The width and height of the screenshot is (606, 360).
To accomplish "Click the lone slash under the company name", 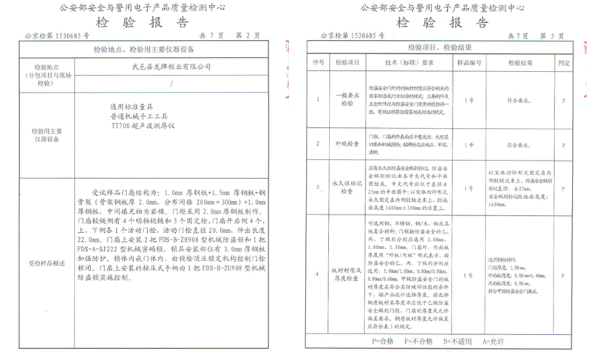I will (x=171, y=84).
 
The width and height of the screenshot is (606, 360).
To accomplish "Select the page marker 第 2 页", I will (x=249, y=35).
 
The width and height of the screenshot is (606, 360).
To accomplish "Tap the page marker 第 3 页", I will (x=551, y=35).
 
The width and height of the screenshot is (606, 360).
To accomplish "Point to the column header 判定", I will (x=563, y=63).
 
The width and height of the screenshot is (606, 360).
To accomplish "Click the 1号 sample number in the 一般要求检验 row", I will (x=469, y=98).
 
